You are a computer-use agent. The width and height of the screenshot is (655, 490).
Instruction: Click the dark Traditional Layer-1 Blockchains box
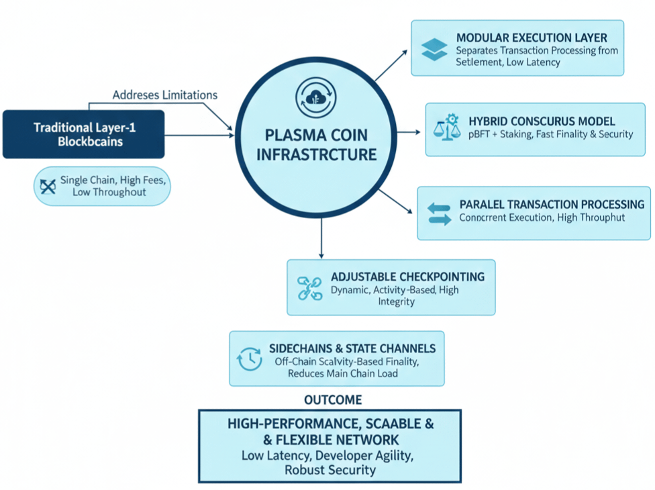tap(83, 134)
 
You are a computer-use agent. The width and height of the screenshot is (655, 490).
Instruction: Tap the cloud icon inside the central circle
tap(312, 97)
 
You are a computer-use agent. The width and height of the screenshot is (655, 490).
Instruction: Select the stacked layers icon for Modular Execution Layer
tap(434, 50)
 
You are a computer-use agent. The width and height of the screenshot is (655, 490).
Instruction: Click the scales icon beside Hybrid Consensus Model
tap(445, 127)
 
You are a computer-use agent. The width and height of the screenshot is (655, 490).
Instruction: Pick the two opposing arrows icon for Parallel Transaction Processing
tap(440, 213)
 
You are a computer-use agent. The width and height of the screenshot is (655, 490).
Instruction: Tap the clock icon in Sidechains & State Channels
tap(250, 359)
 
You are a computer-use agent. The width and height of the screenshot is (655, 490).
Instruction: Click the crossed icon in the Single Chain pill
tap(48, 186)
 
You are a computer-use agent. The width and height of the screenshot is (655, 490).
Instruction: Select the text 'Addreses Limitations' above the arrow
tap(165, 95)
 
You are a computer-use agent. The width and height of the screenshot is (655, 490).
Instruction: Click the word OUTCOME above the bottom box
tap(333, 400)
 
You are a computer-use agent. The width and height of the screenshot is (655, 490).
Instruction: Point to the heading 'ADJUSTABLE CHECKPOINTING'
tap(408, 277)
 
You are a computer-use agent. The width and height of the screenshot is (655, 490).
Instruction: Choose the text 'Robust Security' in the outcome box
tap(330, 470)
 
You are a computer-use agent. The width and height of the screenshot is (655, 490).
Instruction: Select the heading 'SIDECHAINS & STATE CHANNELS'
tap(352, 348)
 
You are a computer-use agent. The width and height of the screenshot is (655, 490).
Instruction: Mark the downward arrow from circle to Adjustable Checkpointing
tap(321, 238)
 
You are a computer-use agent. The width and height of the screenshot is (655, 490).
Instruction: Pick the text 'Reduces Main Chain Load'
tap(343, 373)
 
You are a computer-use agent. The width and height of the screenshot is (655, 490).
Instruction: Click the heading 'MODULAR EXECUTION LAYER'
tap(532, 38)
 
